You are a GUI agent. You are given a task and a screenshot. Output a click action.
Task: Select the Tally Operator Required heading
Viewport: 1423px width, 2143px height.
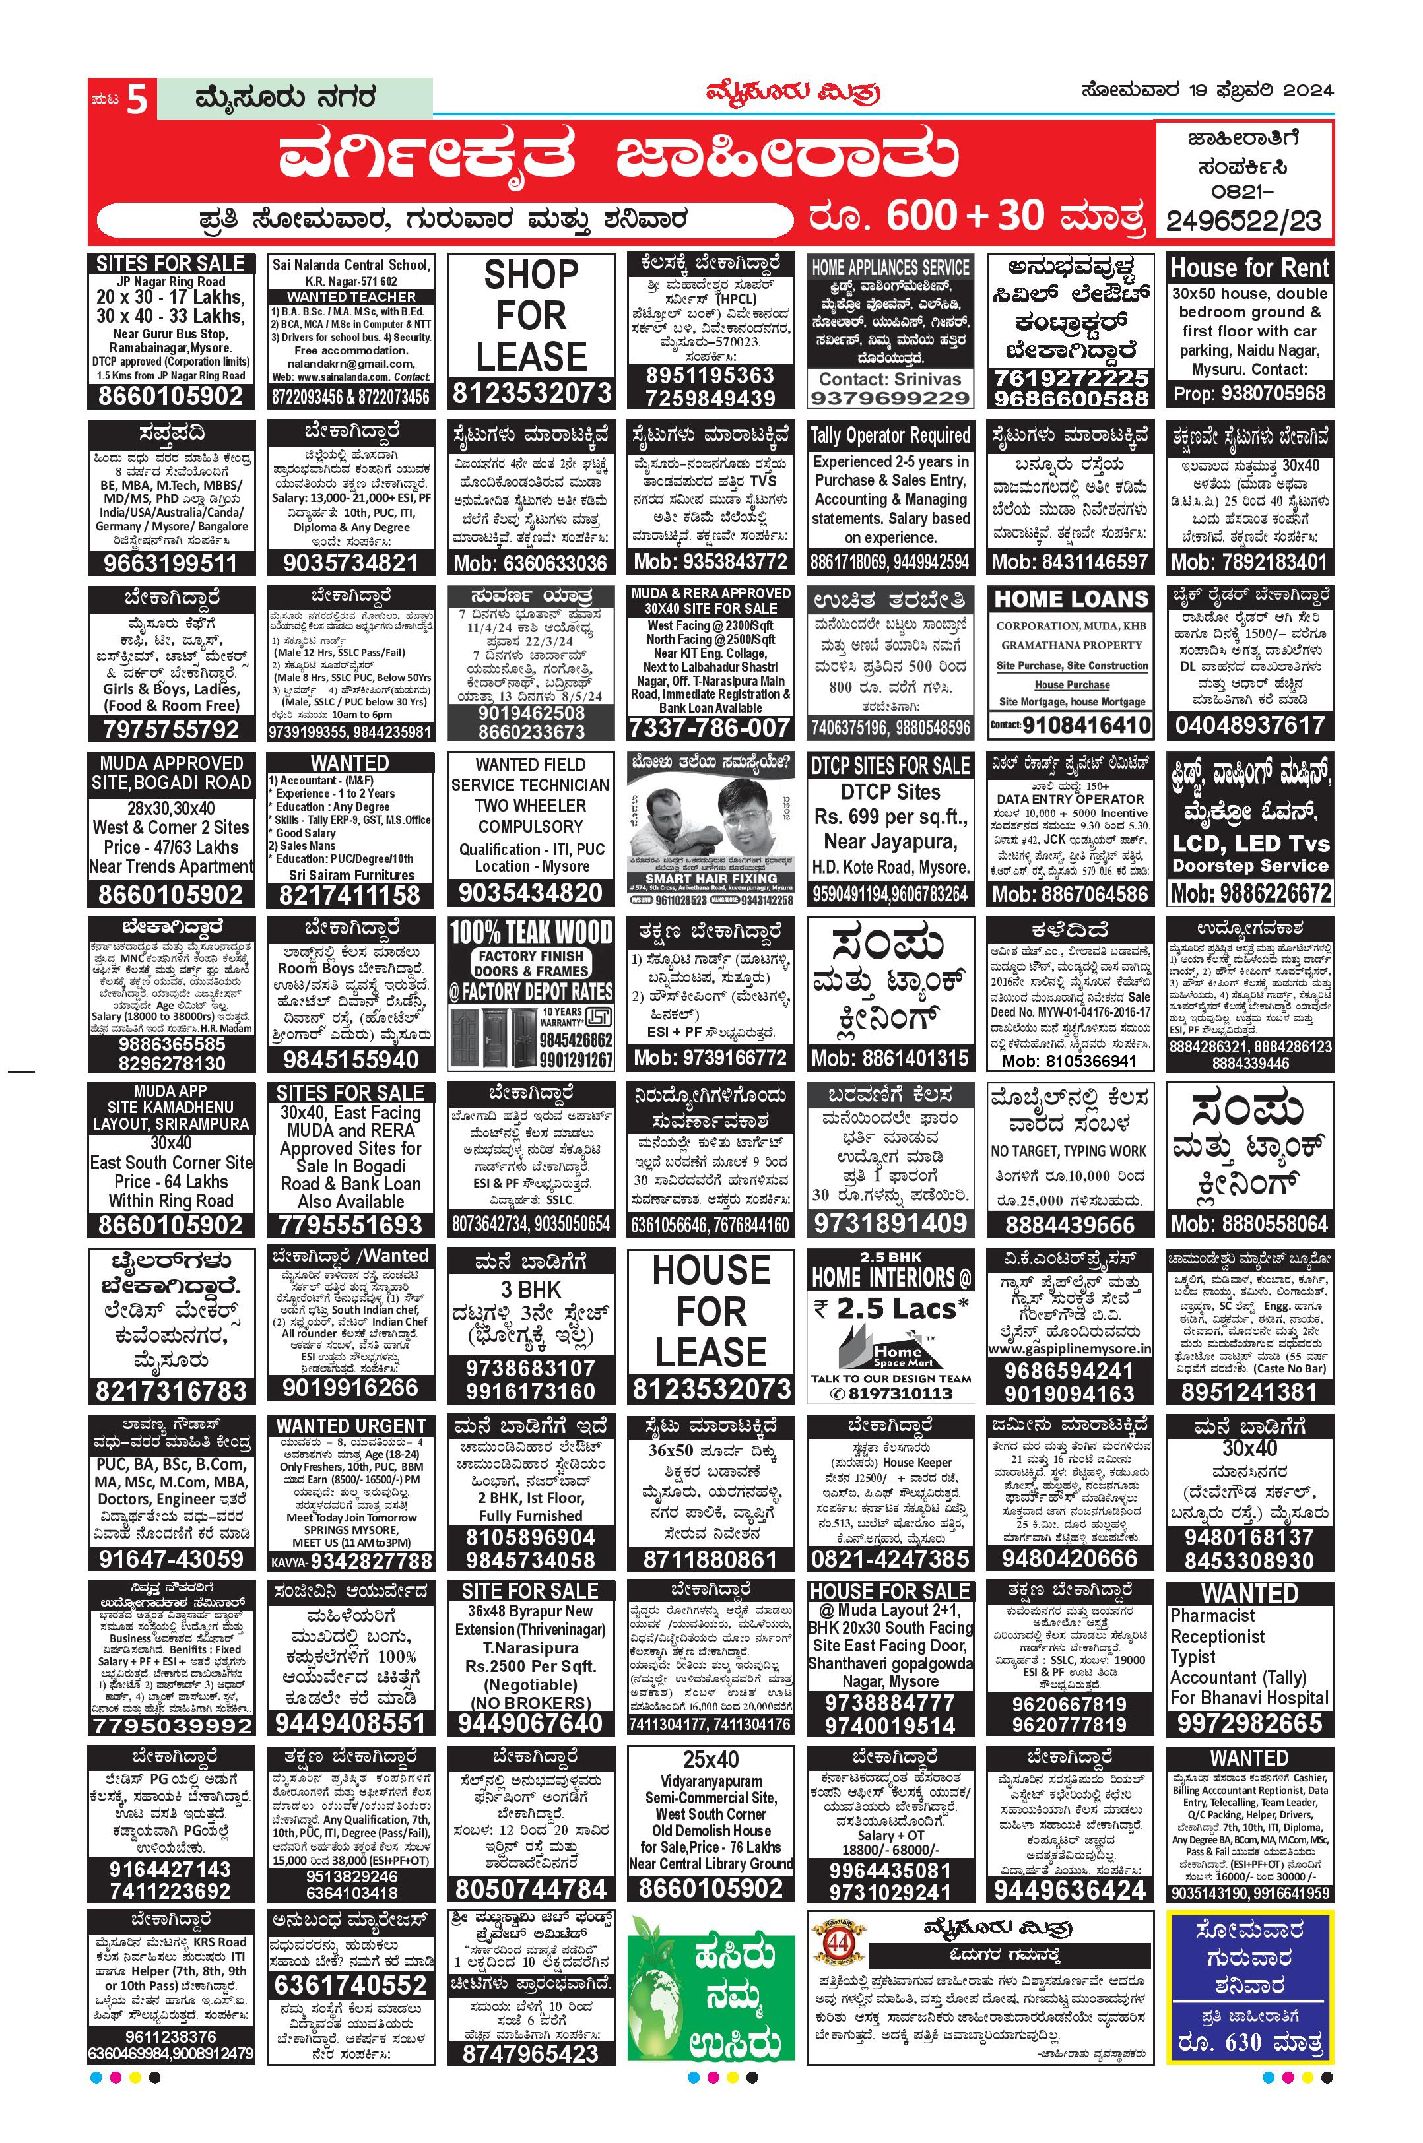pos(890,435)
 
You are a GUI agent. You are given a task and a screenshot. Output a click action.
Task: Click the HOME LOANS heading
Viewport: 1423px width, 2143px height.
pos(1071,600)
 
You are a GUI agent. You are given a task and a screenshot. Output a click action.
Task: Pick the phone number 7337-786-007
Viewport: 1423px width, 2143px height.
pos(711,728)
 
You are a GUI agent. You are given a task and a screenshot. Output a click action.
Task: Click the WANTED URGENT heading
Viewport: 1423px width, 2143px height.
pos(351,1426)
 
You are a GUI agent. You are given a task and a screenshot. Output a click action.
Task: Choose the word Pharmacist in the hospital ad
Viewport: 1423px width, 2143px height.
pos(1212,1616)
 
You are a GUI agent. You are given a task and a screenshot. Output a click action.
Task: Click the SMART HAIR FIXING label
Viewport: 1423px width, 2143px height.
pos(711,878)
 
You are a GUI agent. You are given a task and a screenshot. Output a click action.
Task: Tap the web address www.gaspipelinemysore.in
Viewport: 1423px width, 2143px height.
pos(1071,1349)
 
